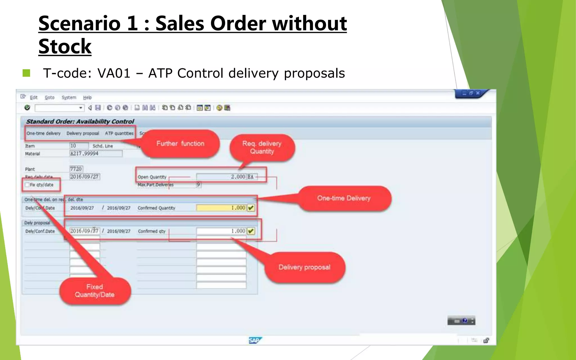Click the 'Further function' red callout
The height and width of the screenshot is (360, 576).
(180, 144)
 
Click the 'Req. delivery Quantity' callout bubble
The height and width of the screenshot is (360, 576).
(262, 148)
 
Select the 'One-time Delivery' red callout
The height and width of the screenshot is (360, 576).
(344, 198)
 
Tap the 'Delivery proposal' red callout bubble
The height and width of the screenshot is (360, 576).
(304, 267)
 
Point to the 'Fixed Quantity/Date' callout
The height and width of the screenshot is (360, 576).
(95, 291)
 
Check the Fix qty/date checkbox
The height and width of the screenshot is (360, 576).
(27, 185)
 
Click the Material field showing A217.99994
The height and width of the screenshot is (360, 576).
(96, 154)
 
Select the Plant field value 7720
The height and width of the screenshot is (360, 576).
(76, 169)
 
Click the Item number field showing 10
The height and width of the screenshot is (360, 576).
(79, 146)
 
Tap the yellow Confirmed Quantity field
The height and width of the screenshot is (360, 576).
(222, 208)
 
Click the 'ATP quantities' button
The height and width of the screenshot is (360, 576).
(119, 133)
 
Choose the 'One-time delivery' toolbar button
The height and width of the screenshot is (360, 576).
(44, 133)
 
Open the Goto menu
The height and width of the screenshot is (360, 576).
(49, 97)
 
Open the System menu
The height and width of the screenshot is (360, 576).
(69, 97)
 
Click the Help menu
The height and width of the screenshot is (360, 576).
(87, 97)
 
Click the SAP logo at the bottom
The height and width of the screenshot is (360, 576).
(255, 341)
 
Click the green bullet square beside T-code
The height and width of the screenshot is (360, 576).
(26, 73)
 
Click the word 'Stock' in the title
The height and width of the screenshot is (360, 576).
(65, 46)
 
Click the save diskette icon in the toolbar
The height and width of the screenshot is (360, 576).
(98, 108)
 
